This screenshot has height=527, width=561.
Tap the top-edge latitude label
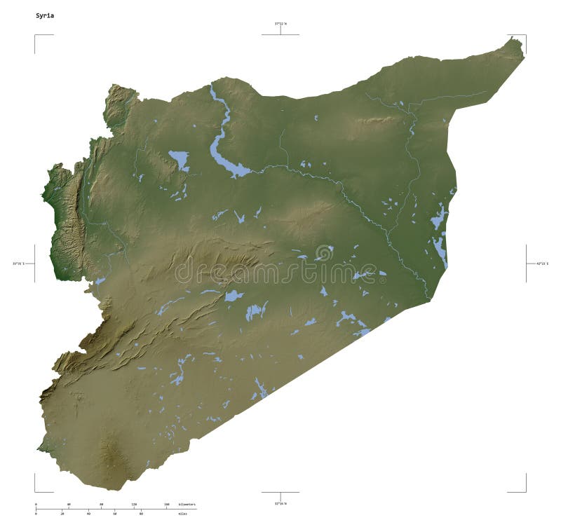pos(280,24)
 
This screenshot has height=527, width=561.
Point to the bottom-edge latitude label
pos(280,502)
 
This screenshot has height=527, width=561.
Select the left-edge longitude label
pos(18,263)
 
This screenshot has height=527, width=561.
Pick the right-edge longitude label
pos(543,263)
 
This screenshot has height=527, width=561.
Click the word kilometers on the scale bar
pos(187,504)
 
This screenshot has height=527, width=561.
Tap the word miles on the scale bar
pos(183,514)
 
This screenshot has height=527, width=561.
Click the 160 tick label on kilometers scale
pos(166,504)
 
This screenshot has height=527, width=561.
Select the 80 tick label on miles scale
pos(141,514)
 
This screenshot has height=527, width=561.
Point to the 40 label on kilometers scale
pos(68,504)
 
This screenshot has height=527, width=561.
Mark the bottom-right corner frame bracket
pos(525,491)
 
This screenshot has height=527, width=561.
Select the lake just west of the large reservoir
pos(179,160)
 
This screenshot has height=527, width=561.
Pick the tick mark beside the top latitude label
pos(280,31)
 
